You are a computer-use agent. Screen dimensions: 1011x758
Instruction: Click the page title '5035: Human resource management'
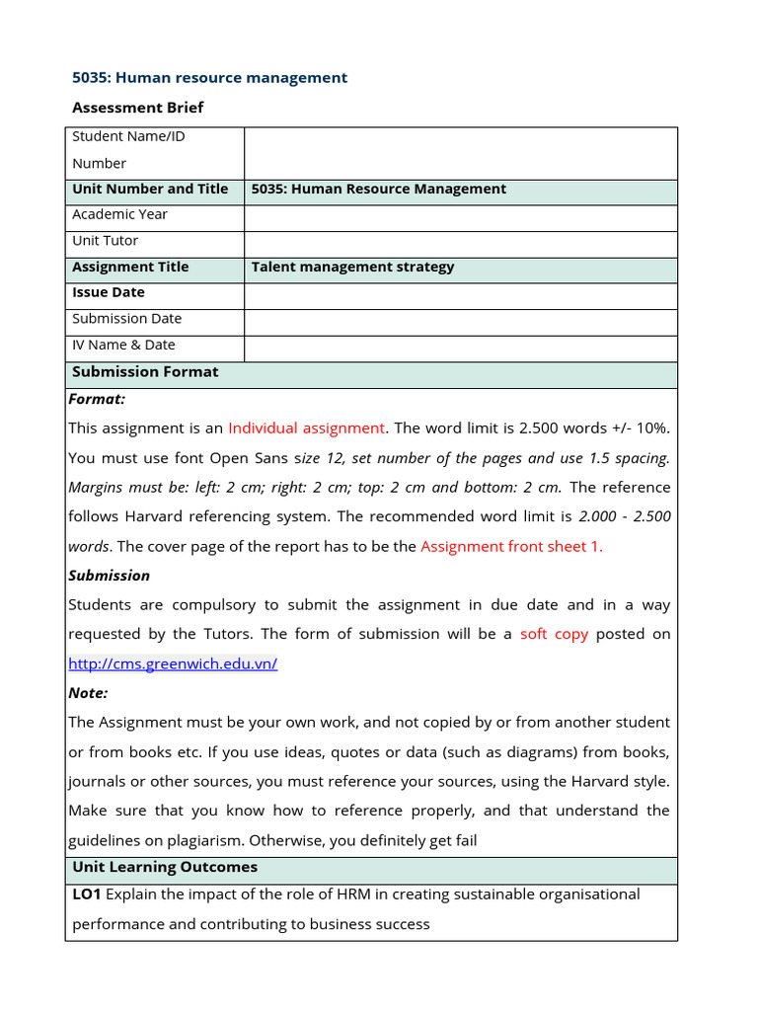pos(210,77)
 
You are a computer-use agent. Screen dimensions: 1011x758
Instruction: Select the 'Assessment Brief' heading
pos(138,107)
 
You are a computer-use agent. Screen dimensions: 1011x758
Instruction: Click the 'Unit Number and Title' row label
pos(150,189)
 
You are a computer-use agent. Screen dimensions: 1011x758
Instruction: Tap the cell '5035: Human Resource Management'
pos(379,189)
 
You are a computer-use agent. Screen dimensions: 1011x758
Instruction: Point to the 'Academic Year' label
pos(119,214)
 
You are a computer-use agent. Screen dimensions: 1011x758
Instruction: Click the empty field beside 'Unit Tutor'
pos(460,241)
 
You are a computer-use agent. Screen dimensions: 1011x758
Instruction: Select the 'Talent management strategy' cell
pos(353,267)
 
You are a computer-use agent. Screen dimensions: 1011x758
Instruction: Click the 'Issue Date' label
pos(109,292)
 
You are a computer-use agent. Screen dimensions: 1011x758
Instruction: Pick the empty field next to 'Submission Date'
pos(460,319)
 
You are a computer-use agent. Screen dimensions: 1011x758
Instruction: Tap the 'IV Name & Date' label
pos(123,345)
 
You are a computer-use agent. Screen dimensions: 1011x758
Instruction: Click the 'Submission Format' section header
pos(145,371)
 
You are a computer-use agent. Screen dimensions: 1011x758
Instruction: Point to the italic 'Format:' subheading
pos(97,399)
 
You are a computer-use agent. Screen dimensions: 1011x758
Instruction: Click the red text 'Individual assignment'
pos(306,428)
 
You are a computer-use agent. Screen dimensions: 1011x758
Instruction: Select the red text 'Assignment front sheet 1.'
pos(511,546)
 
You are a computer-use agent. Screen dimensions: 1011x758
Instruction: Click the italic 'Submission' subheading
pos(109,576)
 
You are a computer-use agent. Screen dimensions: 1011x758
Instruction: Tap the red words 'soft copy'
pos(554,634)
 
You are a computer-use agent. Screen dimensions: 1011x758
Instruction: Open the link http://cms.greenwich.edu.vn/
pos(173,663)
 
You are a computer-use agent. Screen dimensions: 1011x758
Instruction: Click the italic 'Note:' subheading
pos(88,693)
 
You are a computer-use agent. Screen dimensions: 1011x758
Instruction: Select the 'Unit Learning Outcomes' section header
pos(165,867)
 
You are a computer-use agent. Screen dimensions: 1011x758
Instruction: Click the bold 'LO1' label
pos(86,894)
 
